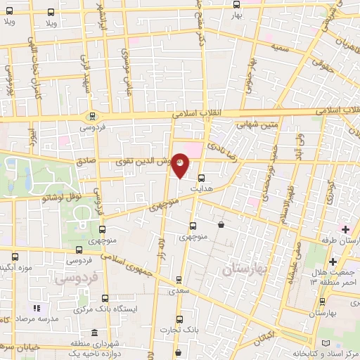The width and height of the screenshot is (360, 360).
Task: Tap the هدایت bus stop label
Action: click(x=202, y=190)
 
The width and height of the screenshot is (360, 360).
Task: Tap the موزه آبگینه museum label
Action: click(x=18, y=268)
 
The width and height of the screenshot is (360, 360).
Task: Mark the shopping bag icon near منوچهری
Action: click(x=222, y=225)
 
